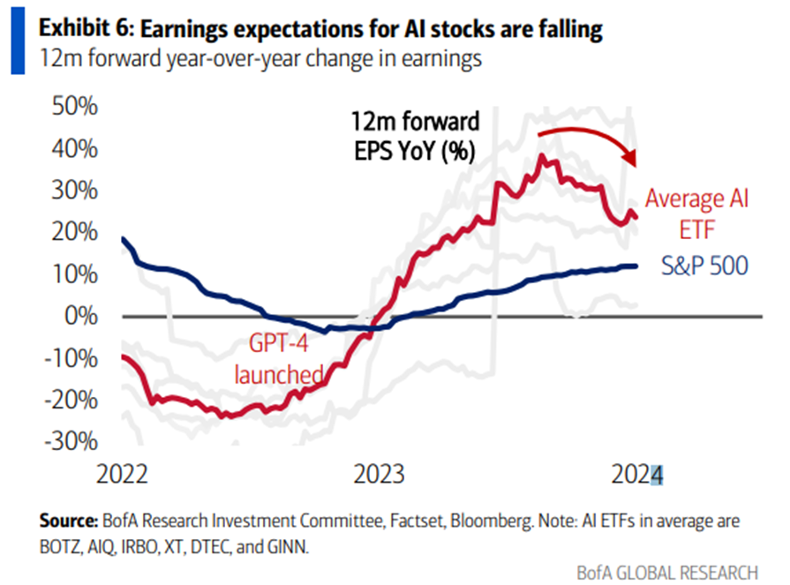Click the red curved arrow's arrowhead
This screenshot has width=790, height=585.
(631, 159)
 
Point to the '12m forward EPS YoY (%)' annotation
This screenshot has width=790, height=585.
(411, 136)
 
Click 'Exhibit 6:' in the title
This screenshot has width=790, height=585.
(84, 30)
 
